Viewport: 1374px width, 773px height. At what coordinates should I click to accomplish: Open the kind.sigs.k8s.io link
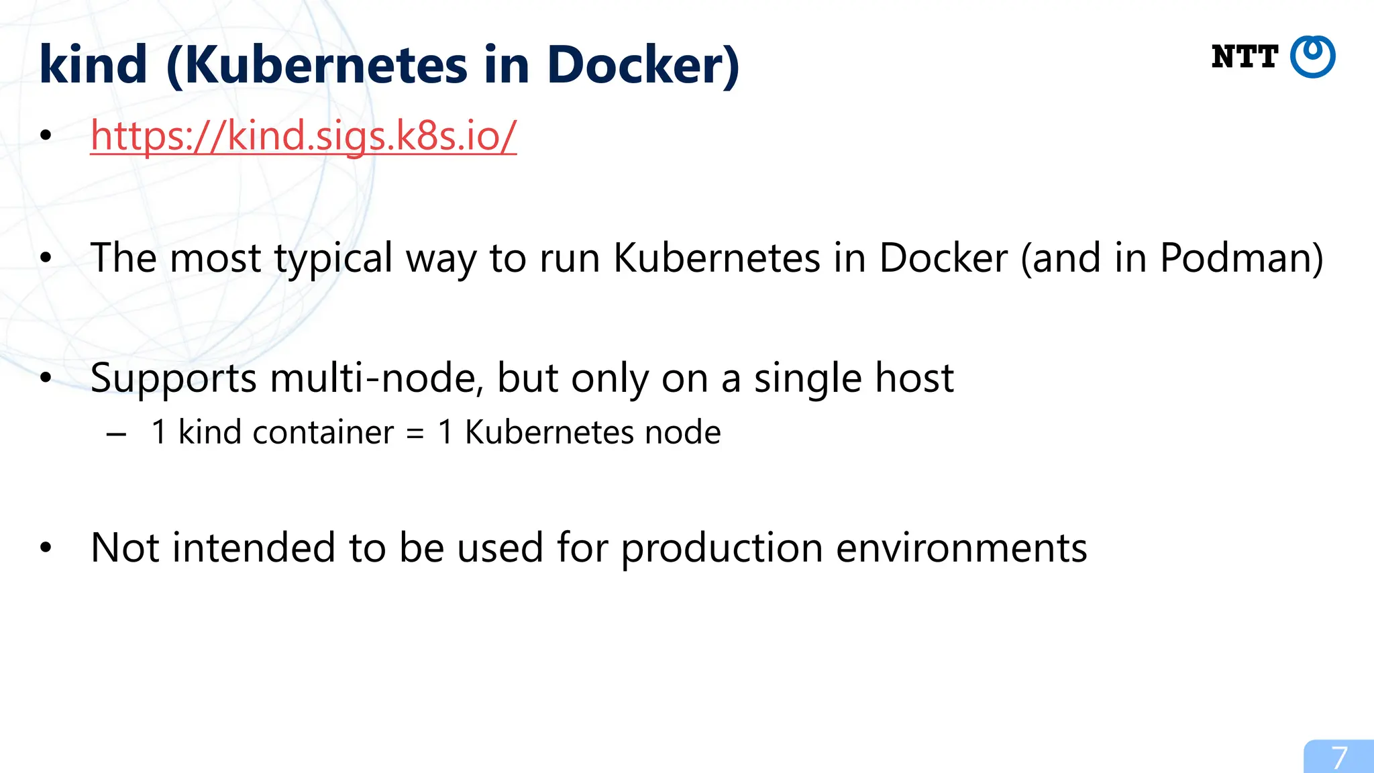click(x=303, y=136)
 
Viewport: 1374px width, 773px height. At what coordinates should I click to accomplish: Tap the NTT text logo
click(x=1245, y=57)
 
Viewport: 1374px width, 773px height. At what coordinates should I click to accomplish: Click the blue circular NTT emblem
click(x=1313, y=57)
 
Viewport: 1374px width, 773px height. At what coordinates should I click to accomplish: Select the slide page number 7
click(x=1340, y=758)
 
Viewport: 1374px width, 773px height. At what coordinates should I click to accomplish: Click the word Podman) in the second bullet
click(x=1242, y=258)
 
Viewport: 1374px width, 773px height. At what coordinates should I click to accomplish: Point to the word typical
click(x=333, y=258)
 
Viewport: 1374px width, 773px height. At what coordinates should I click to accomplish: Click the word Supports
click(x=173, y=378)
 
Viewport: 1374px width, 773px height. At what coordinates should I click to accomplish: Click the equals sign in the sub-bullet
click(x=416, y=433)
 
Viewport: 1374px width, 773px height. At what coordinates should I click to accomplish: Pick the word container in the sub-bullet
click(x=323, y=432)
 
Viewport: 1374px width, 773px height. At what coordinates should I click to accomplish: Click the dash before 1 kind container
click(x=116, y=434)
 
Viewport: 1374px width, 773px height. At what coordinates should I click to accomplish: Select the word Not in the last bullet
click(x=125, y=548)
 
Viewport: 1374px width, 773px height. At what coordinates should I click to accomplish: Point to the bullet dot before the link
click(x=46, y=136)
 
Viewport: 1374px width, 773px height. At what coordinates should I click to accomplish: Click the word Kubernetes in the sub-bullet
click(x=549, y=432)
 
